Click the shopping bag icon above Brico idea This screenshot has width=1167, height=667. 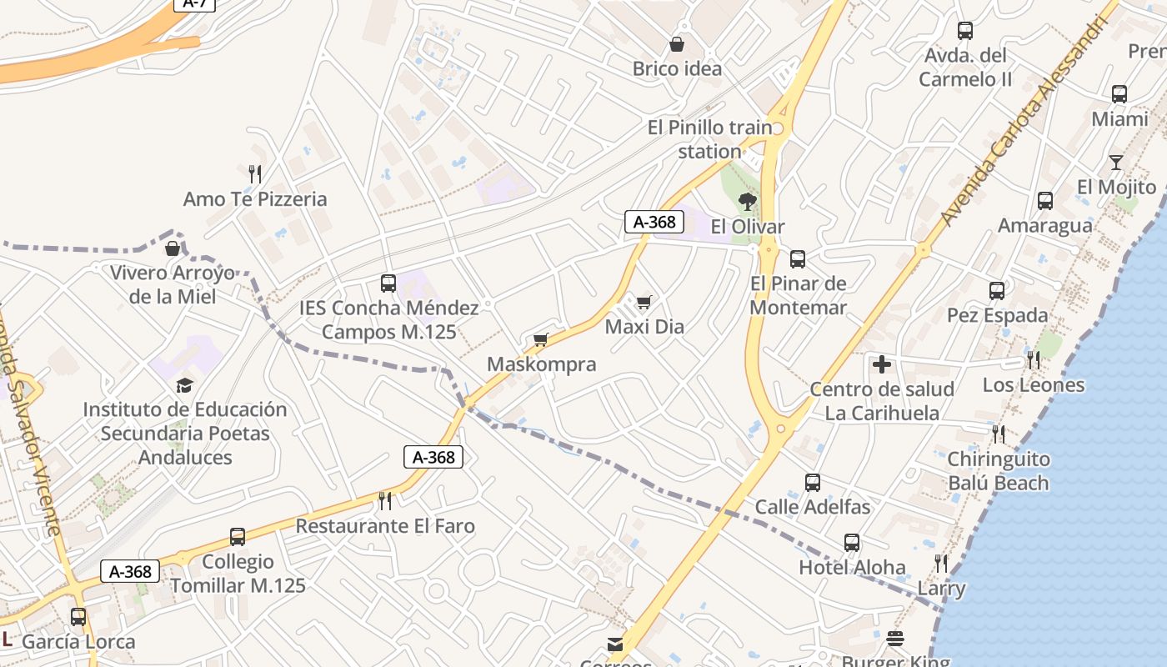(x=676, y=43)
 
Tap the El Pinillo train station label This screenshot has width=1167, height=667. (x=710, y=139)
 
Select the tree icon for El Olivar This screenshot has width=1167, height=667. (x=748, y=201)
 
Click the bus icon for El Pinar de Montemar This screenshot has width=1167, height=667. (x=798, y=259)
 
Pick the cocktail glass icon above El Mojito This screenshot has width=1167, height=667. (x=1116, y=163)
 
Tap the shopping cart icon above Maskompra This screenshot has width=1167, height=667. (x=541, y=339)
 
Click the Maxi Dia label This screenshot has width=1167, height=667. (x=644, y=327)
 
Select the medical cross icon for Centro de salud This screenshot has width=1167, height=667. (x=882, y=364)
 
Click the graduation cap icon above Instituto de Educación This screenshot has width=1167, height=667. (x=184, y=385)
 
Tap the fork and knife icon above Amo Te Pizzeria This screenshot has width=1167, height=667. (x=255, y=174)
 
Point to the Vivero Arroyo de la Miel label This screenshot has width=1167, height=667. (x=173, y=285)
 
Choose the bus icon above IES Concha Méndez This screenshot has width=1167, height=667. (x=388, y=283)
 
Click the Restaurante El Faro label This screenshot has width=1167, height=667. (x=385, y=526)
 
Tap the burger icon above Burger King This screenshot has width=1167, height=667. (x=895, y=639)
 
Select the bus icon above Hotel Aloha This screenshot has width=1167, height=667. (x=852, y=543)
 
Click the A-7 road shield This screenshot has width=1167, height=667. (x=195, y=3)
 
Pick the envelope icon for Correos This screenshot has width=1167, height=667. (x=615, y=644)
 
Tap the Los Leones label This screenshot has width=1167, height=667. (x=1034, y=385)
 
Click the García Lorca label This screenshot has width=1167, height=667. (x=78, y=642)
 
